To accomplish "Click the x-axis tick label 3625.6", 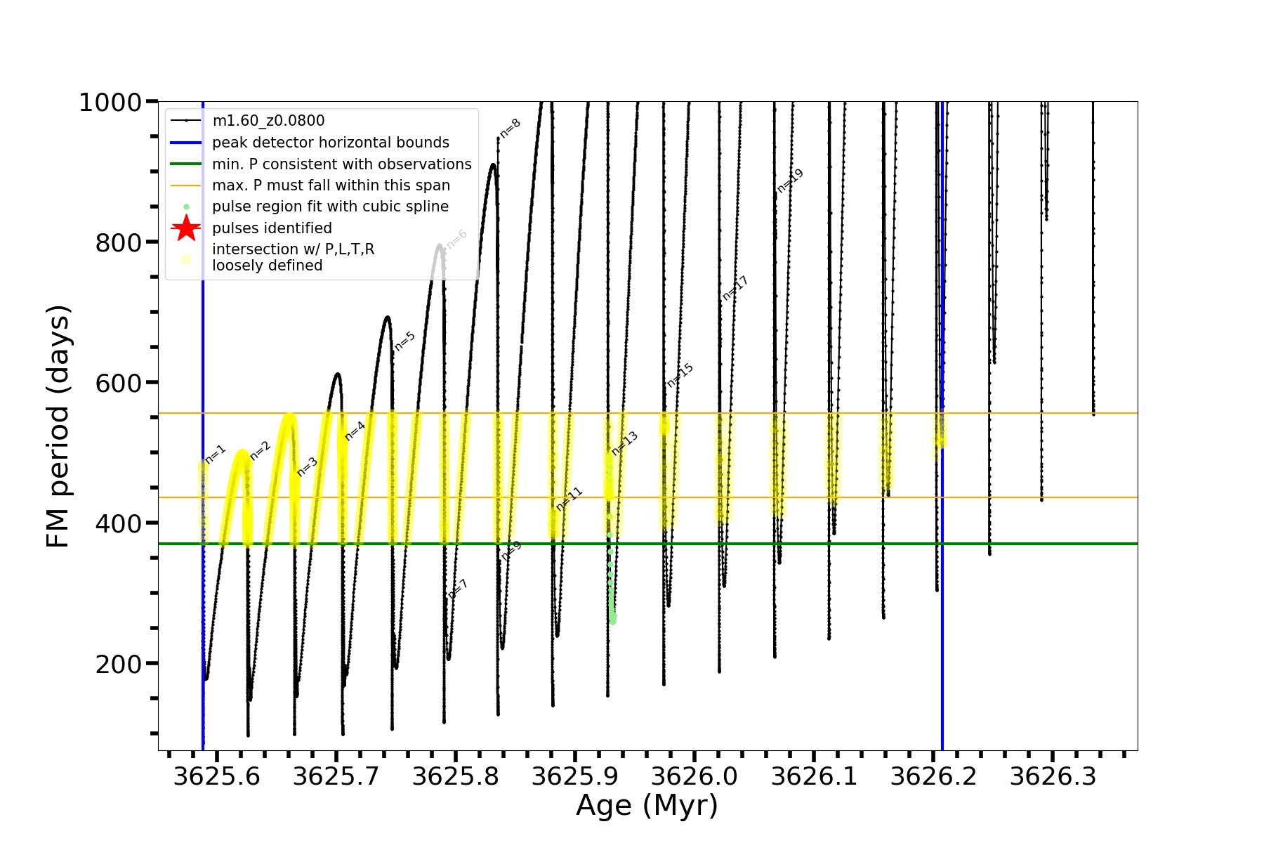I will coord(216,777).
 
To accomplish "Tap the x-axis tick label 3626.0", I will coord(694,777).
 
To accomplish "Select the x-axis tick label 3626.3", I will coord(1053,777).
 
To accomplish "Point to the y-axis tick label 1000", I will coord(110,103).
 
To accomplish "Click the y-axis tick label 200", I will coord(118,664).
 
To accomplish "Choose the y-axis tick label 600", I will coord(118,383).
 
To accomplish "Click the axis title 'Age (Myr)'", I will coord(647,806).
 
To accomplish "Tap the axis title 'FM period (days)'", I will coord(58,426).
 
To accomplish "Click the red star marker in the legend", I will coord(186,228).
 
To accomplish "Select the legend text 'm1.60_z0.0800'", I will coord(268,121).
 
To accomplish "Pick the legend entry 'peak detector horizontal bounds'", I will coord(330,143).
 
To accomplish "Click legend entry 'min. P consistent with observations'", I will coord(341,164).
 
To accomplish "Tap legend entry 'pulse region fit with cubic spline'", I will coord(330,207).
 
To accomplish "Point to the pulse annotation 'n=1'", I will coord(216,454).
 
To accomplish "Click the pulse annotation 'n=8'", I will coord(511,128).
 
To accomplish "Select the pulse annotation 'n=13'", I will coord(624,443).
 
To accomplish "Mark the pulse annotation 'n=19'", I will coord(790,181).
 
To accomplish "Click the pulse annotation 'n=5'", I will coord(404,341).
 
